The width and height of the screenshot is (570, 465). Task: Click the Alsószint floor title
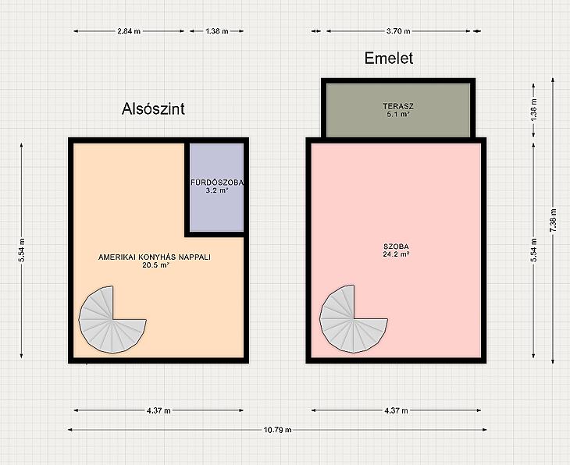pos(153,108)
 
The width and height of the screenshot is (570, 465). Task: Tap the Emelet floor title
pos(389,58)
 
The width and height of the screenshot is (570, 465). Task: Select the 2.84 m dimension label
pos(129,31)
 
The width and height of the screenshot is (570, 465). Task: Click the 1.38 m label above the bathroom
pos(216,31)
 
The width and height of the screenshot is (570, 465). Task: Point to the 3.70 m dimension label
pos(398,31)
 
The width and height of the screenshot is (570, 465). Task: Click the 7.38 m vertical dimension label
pos(553,220)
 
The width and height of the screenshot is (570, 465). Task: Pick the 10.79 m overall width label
pos(277,430)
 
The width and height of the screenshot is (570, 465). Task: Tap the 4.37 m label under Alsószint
pos(159,410)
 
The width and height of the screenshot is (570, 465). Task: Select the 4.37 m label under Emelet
pos(396,410)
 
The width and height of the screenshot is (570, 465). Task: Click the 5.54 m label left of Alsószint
pos(21,250)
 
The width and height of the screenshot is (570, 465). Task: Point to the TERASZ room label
pos(398,106)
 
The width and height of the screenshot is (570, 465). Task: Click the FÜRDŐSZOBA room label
pos(217,183)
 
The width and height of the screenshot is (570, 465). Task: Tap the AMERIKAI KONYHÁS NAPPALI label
pos(155,257)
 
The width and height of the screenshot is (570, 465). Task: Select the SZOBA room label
pos(396,247)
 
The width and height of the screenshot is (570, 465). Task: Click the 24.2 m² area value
pos(396,254)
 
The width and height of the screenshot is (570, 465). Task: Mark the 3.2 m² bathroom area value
pos(217,190)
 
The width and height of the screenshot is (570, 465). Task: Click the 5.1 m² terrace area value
pos(398,114)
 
